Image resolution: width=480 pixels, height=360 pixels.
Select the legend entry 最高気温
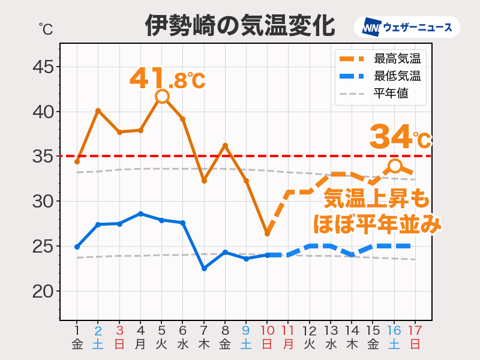[397, 59]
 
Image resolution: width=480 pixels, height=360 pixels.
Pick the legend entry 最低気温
[397, 76]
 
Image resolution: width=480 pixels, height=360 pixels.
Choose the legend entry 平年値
[391, 94]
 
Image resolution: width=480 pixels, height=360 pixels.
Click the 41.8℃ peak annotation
[167, 79]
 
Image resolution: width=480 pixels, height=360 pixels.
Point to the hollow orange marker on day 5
[162, 96]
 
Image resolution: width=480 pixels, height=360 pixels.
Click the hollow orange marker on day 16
[395, 166]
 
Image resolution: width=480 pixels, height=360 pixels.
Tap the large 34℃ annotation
[400, 138]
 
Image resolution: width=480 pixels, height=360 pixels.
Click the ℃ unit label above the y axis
[46, 28]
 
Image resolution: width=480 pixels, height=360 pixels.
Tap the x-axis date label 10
[268, 331]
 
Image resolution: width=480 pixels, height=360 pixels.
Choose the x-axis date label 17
[415, 331]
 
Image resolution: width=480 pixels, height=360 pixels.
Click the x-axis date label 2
[98, 331]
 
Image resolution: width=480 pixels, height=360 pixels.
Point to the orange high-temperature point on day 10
[268, 233]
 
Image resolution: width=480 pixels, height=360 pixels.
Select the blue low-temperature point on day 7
[204, 268]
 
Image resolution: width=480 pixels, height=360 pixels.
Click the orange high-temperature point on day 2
[98, 110]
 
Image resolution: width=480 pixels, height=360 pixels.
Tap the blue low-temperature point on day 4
[140, 214]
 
